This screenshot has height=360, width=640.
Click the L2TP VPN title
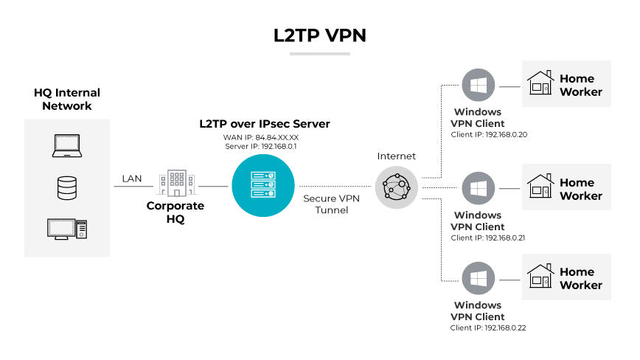tap(319, 35)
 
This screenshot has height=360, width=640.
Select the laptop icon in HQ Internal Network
tap(66, 146)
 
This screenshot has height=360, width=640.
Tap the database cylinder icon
tap(66, 188)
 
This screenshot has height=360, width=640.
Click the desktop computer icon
tap(67, 229)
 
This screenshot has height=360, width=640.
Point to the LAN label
tap(132, 179)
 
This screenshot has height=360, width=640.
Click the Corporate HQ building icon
tap(175, 183)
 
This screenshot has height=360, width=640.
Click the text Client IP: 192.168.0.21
tap(489, 238)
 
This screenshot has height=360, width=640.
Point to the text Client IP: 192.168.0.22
tap(489, 328)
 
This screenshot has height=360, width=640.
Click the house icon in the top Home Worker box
tap(540, 83)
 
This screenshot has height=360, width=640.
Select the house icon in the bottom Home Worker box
tap(540, 277)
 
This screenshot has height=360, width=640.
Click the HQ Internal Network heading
tap(67, 100)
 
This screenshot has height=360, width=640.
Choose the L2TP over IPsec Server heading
tap(264, 124)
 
